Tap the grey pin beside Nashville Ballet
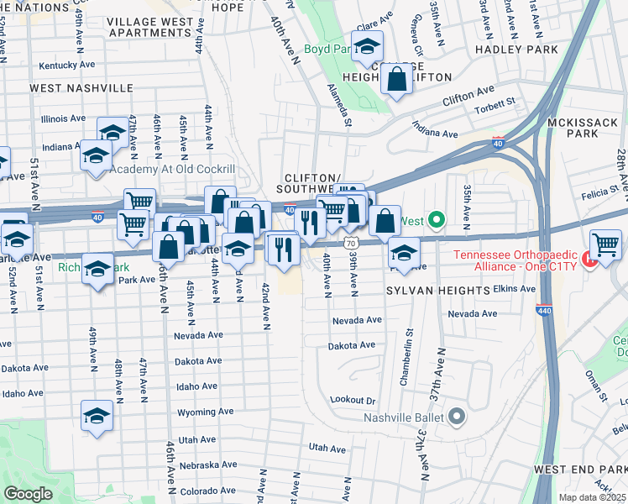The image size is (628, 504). (x=457, y=416)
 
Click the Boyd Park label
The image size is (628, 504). (x=327, y=50)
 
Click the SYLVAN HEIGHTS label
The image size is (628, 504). (x=437, y=290)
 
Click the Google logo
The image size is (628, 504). (x=28, y=494)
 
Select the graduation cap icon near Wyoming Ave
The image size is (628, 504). (x=97, y=416)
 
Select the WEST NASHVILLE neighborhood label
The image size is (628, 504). (x=81, y=87)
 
